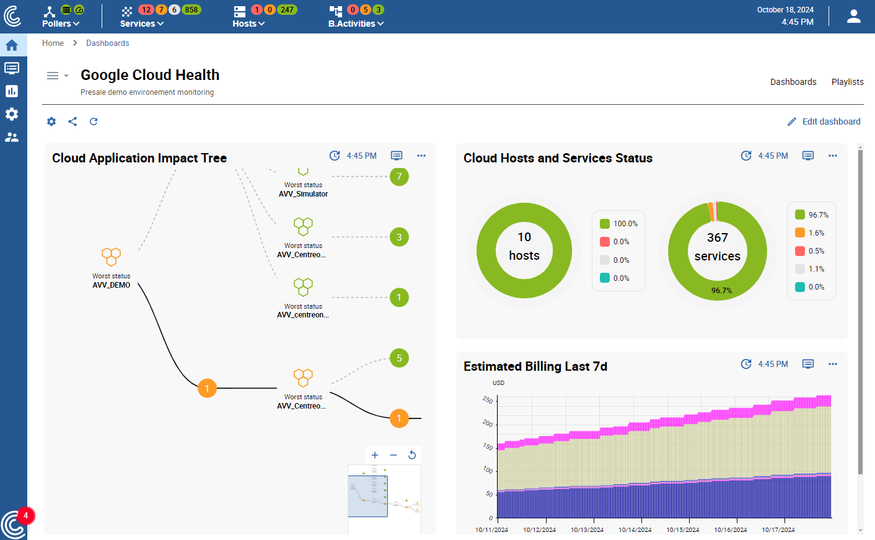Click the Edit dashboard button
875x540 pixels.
click(824, 122)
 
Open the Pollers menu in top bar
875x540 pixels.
click(60, 24)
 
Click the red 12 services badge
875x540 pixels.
click(146, 10)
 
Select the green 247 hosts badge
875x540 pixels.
click(287, 10)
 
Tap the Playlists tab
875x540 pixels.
click(847, 82)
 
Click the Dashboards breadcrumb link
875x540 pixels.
click(107, 43)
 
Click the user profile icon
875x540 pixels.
click(854, 17)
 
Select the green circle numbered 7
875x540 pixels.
click(399, 177)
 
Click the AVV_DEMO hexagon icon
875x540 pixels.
click(112, 256)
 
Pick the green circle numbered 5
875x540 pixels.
click(399, 358)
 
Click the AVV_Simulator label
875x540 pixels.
click(303, 194)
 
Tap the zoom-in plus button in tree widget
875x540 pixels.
click(375, 455)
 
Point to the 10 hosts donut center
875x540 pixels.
click(524, 246)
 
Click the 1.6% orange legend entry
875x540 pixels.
click(811, 233)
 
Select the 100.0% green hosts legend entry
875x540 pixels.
click(619, 224)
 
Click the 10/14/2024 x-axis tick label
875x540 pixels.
click(635, 530)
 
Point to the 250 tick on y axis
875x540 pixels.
click(488, 401)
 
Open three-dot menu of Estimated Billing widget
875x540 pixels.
click(832, 364)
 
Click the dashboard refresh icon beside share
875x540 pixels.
click(94, 122)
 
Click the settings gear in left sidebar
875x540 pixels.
click(12, 114)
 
